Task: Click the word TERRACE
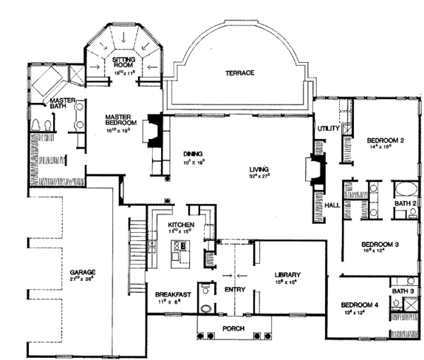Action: (x=240, y=73)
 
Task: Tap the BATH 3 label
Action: (x=403, y=291)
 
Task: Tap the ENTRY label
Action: (x=234, y=289)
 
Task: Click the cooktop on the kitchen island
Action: (x=179, y=246)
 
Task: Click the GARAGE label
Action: (x=83, y=272)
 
